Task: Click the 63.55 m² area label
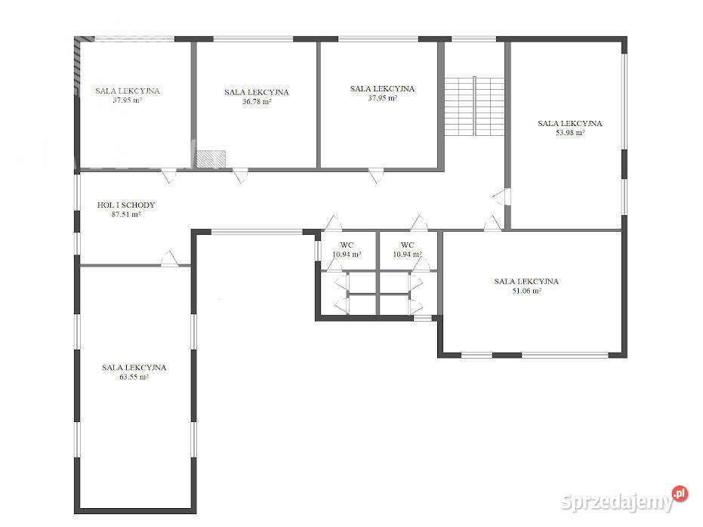134,377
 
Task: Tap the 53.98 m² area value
569,132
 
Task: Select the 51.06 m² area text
526,291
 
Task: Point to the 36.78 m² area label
256,102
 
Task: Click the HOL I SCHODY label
126,205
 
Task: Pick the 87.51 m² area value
126,214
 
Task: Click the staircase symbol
474,106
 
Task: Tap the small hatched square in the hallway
211,159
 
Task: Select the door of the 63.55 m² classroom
170,258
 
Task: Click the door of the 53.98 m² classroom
499,198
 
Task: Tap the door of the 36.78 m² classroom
240,176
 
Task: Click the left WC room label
347,245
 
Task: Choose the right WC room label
407,245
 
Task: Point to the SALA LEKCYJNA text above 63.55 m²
134,368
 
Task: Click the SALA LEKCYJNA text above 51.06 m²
526,282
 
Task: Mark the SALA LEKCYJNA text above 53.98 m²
569,123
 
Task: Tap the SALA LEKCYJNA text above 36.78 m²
256,92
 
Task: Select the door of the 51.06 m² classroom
492,223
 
